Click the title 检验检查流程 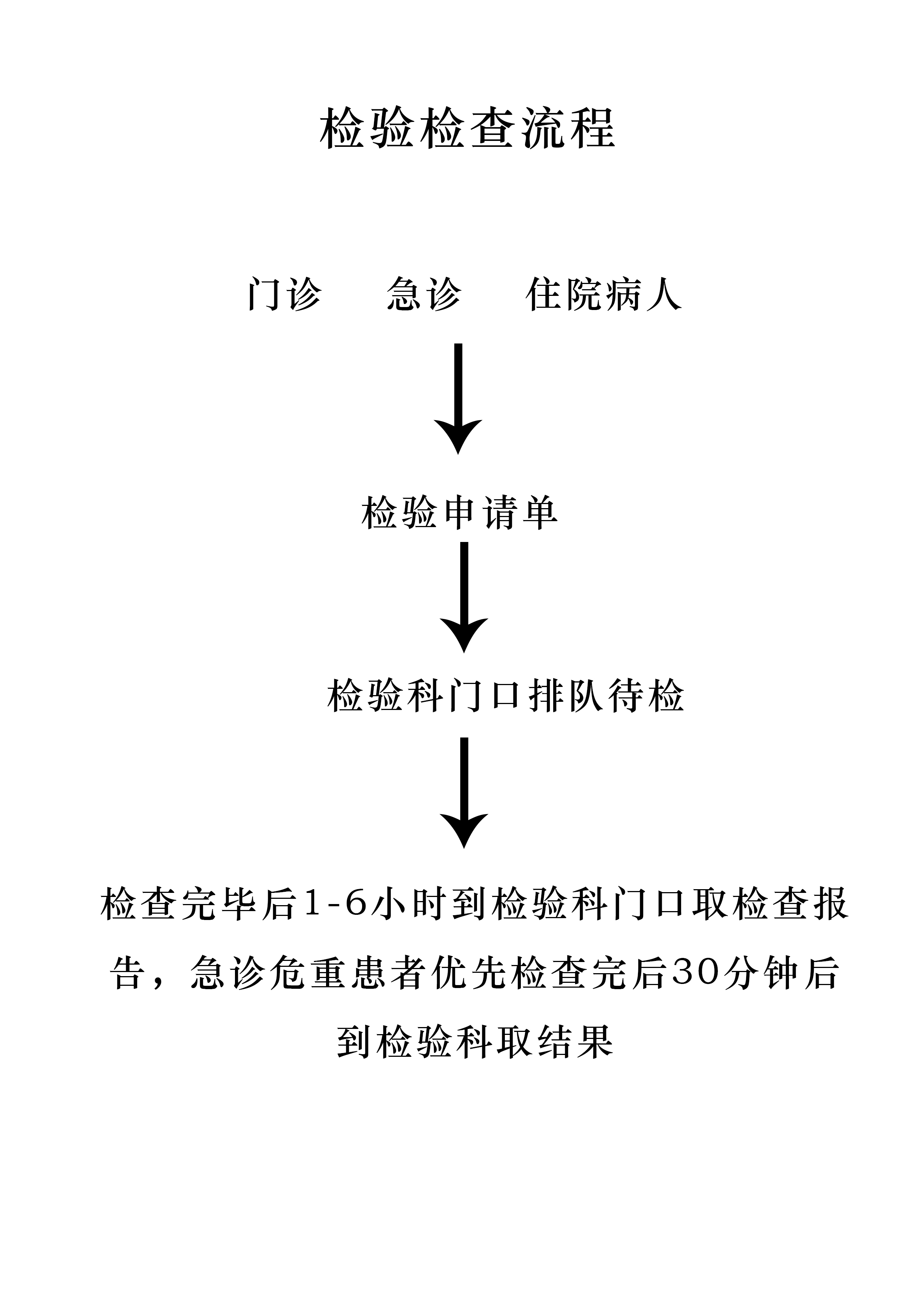pyautogui.click(x=467, y=129)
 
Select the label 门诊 pyautogui.click(x=285, y=294)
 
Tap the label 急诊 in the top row pyautogui.click(x=424, y=294)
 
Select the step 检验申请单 pyautogui.click(x=460, y=513)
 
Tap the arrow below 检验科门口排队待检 pyautogui.click(x=464, y=793)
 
